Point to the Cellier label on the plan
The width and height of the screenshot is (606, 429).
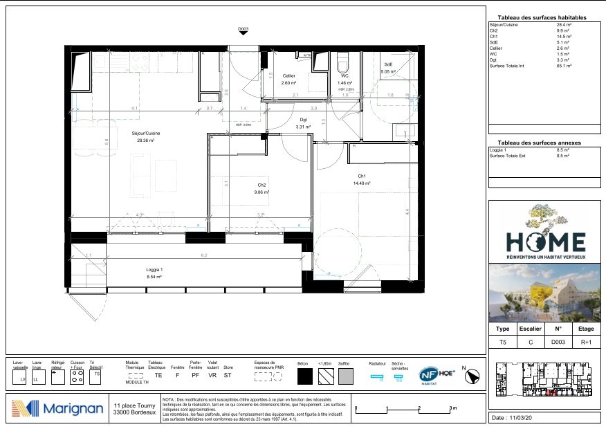pyautogui.click(x=288, y=76)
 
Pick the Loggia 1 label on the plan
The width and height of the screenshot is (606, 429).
pyautogui.click(x=154, y=270)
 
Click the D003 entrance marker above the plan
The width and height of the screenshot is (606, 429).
pyautogui.click(x=243, y=30)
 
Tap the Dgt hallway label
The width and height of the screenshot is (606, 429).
pyautogui.click(x=303, y=120)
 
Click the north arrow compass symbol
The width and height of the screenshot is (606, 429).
pyautogui.click(x=474, y=376)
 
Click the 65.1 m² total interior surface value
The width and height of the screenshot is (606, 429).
pyautogui.click(x=564, y=66)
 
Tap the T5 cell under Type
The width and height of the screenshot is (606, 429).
pyautogui.click(x=503, y=342)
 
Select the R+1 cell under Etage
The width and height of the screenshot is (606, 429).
pyautogui.click(x=585, y=342)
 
